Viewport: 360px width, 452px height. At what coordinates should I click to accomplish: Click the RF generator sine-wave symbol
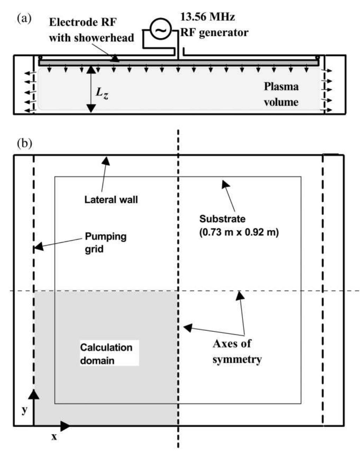click(160, 31)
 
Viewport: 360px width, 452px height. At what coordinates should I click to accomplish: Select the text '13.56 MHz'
click(207, 17)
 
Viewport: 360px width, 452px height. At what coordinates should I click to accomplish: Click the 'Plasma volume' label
click(281, 94)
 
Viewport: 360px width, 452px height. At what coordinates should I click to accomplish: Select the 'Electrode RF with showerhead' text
click(91, 30)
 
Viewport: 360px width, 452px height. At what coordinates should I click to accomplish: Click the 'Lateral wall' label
click(111, 200)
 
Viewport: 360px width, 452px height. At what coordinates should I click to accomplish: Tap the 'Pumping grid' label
click(105, 242)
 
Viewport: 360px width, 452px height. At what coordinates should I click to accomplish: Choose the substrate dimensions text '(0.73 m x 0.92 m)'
click(239, 232)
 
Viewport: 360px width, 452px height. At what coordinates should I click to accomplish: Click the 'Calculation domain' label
click(106, 354)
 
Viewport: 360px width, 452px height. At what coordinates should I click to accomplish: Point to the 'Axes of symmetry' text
click(237, 351)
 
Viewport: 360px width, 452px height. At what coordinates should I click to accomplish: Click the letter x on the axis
click(54, 437)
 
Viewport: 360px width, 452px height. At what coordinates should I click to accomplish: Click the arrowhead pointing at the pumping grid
click(38, 246)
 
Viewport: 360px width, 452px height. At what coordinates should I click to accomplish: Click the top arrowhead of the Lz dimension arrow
click(91, 69)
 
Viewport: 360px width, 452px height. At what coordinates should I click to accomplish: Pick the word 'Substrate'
click(222, 219)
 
